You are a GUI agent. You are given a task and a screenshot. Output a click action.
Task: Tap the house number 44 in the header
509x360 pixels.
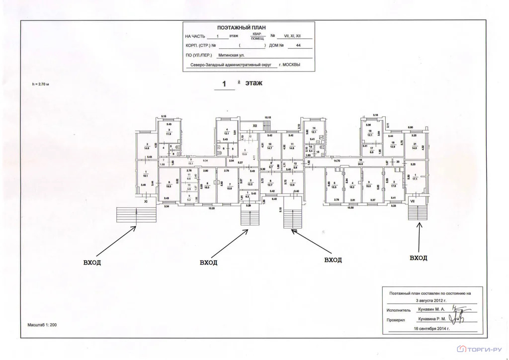tap(298, 45)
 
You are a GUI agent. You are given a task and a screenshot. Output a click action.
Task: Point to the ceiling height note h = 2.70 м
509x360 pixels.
tap(41, 85)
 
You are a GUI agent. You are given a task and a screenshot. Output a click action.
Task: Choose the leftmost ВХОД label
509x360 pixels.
tap(92, 262)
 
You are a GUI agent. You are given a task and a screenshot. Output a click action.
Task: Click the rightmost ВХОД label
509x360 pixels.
tap(419, 258)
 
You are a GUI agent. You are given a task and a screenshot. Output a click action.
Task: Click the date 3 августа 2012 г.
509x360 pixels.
tap(431, 300)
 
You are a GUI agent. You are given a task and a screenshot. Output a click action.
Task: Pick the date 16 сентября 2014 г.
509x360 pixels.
tap(431, 329)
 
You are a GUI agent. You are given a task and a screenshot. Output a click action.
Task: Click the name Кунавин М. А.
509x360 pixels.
tap(432, 309)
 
